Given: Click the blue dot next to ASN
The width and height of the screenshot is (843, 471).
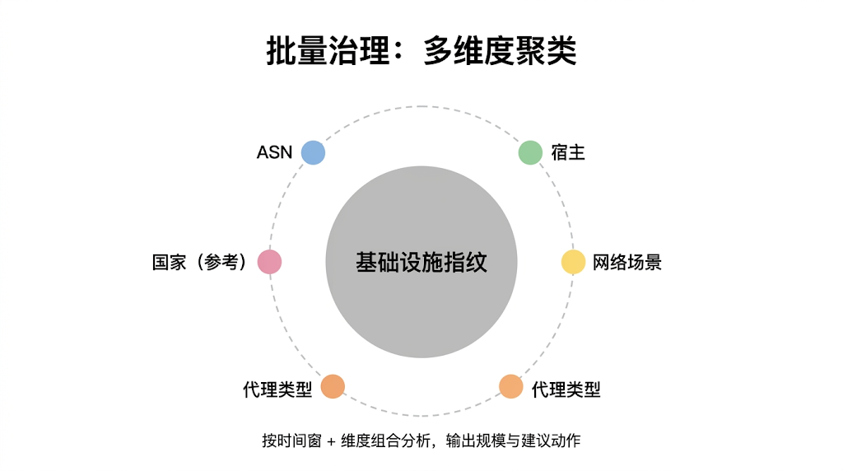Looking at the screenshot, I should click(x=313, y=152).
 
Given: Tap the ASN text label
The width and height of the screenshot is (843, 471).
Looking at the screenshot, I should click(x=274, y=153).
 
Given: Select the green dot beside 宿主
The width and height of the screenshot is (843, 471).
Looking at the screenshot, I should click(x=529, y=152).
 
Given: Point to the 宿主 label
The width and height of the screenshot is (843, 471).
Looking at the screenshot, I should click(x=568, y=153).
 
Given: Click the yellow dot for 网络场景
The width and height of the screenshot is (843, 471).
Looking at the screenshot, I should click(x=573, y=262).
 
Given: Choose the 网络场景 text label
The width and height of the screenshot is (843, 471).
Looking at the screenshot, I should click(x=627, y=263).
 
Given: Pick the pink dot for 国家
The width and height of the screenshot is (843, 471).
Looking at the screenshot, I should click(x=270, y=262).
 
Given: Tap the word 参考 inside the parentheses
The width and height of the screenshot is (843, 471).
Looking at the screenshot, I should click(x=221, y=263).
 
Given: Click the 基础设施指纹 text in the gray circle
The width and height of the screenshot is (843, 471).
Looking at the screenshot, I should click(x=421, y=263).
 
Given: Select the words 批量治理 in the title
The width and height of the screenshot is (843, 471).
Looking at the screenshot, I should click(x=327, y=51).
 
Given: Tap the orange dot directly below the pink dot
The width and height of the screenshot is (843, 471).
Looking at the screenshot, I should click(x=333, y=386).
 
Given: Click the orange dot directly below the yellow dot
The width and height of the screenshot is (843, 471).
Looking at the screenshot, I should click(x=511, y=386).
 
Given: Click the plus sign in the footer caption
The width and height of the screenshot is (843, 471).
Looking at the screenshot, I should click(x=331, y=441).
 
